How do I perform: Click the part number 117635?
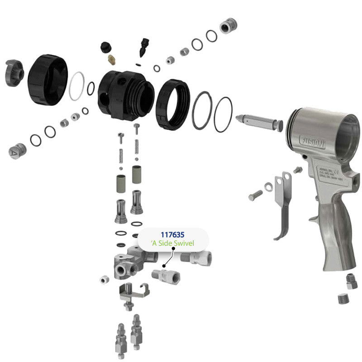click(x=172, y=235)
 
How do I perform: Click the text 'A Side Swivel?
click(x=172, y=243)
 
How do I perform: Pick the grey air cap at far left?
click(x=14, y=72)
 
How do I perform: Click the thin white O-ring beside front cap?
click(x=77, y=86)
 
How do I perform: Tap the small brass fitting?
click(x=111, y=59)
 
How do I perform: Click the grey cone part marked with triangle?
click(x=17, y=151)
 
